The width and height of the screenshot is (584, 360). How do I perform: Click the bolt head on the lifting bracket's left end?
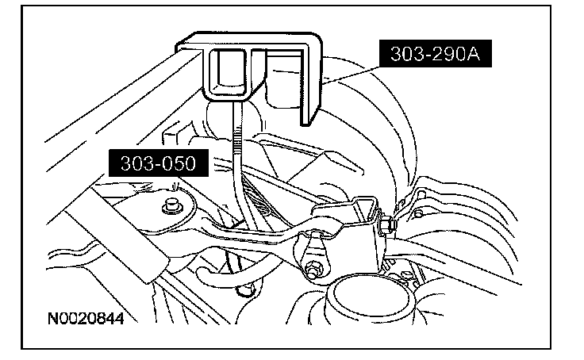168,208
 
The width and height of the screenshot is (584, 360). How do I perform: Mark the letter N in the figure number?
52,320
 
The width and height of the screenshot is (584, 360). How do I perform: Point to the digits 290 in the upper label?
447,55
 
